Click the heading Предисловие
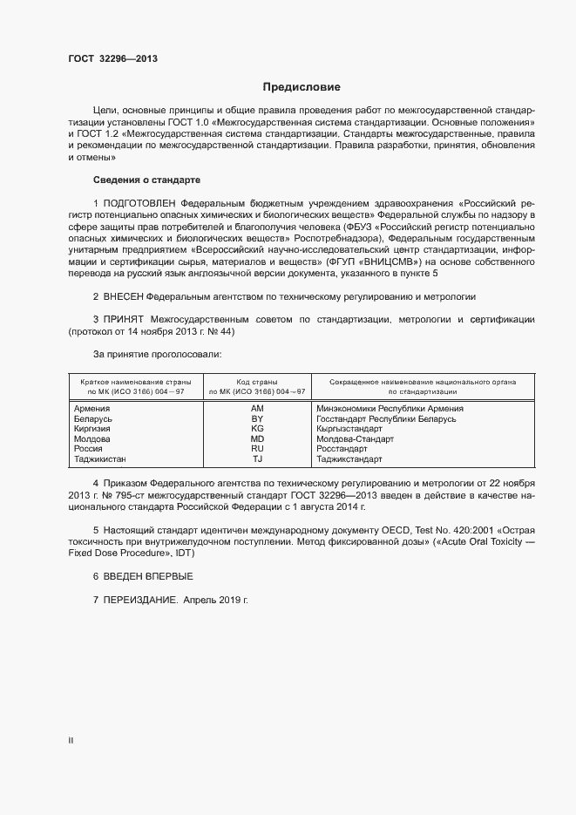pyautogui.click(x=302, y=87)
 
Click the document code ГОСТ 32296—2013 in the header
pyautogui.click(x=112, y=59)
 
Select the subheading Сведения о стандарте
pyautogui.click(x=146, y=180)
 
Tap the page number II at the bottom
pyautogui.click(x=71, y=740)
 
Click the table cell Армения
pyautogui.click(x=91, y=408)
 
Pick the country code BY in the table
pyautogui.click(x=257, y=419)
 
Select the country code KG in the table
pyautogui.click(x=257, y=429)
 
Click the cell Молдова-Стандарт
pyautogui.click(x=356, y=439)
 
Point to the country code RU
pyautogui.click(x=257, y=449)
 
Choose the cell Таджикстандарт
pyautogui.click(x=349, y=459)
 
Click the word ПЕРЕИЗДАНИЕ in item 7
pyautogui.click(x=140, y=601)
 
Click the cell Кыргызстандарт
pyautogui.click(x=349, y=429)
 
